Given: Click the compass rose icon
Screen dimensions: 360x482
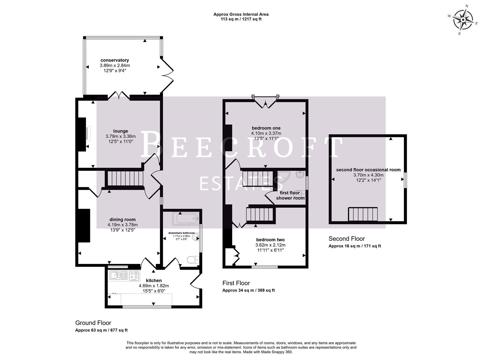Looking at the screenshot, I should click(x=463, y=20).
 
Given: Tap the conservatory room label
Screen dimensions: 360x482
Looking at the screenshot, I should click(x=115, y=60).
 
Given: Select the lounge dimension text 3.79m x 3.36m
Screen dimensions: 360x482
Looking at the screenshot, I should click(x=120, y=136).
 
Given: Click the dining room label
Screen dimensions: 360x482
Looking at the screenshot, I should click(x=122, y=220).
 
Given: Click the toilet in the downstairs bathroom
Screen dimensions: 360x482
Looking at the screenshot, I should click(x=193, y=260).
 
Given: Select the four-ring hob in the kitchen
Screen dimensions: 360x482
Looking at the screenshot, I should click(x=134, y=275).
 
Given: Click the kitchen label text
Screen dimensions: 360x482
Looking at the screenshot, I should click(x=154, y=281).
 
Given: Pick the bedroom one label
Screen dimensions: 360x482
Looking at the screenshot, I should click(x=266, y=128).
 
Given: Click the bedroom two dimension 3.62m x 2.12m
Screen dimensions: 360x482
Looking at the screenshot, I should click(x=270, y=245).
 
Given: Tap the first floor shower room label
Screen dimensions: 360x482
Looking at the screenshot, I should click(x=290, y=195).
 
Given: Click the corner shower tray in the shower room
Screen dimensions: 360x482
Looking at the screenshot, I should click(x=285, y=178).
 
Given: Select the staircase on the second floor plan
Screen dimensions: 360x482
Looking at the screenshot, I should click(x=363, y=214).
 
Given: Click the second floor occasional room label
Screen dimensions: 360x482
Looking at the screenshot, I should click(x=368, y=170).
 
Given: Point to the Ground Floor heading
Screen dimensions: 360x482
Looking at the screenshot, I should click(x=93, y=323).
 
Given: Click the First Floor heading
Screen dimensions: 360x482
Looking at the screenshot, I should click(x=236, y=283).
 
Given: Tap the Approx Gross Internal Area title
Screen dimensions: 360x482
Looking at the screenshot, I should click(x=241, y=14).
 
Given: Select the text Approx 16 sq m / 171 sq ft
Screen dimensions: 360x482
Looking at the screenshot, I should click(x=355, y=246).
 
